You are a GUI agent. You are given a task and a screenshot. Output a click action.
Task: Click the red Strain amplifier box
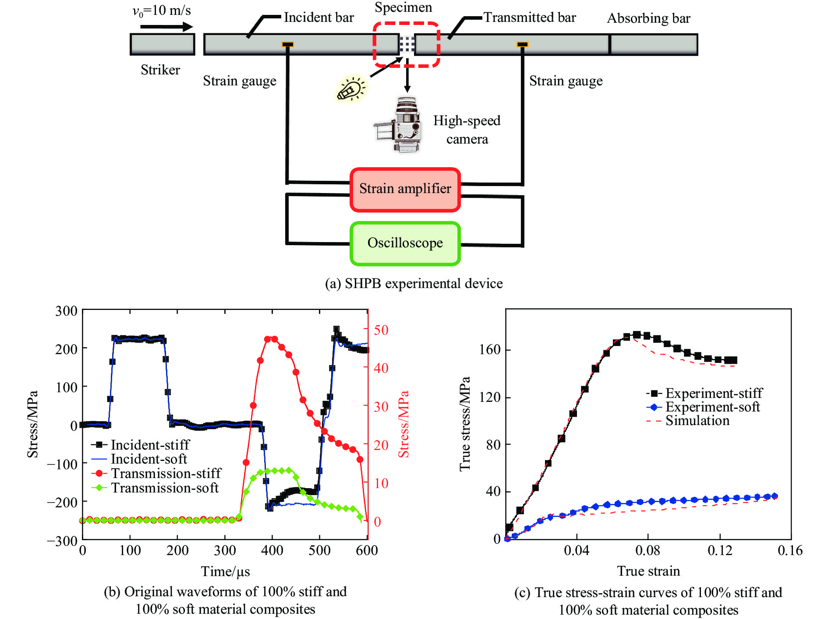coord(405,189)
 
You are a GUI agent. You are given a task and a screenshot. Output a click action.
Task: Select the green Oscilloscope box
coord(405,243)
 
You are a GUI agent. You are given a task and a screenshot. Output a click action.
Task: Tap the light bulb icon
coord(351,89)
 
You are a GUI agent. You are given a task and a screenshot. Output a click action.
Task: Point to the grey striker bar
coord(162,44)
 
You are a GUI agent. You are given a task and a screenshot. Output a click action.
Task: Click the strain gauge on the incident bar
coord(287,44)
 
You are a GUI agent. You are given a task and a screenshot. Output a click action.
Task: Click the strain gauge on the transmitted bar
coord(522,44)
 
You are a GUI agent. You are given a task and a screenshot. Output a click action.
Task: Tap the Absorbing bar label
coord(648,18)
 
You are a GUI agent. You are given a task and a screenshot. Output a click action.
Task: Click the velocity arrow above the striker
coord(166,27)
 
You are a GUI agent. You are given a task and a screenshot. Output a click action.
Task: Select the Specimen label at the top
coord(403,7)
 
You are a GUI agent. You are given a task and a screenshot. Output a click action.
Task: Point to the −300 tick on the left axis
coord(62,541)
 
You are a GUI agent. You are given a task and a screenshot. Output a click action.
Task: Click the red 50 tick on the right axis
coord(381,330)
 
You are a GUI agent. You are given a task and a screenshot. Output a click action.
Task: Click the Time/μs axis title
coord(225,571)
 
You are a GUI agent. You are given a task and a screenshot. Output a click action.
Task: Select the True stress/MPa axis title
coord(465,424)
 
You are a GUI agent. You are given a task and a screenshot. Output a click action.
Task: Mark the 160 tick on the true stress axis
coord(489,350)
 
